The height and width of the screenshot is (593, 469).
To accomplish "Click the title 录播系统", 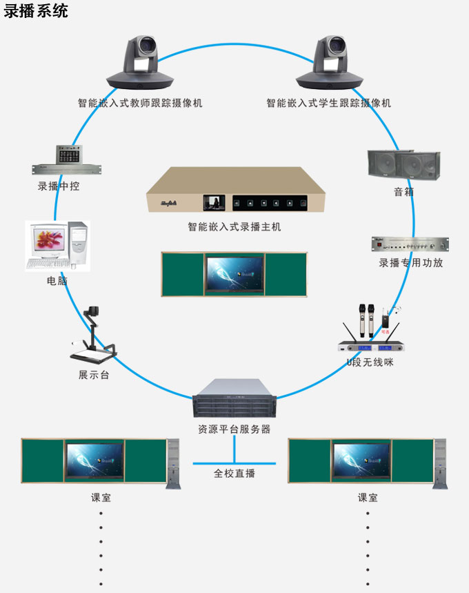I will point(36,11).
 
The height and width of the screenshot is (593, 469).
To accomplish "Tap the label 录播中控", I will point(59,186).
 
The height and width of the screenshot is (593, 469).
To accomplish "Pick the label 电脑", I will point(57,282).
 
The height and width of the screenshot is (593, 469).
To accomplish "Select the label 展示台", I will point(94,375).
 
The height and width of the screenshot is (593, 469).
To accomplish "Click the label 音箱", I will point(403,192).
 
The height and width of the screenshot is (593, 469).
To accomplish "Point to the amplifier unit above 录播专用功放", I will point(410,244).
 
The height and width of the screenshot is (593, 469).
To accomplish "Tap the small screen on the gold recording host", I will point(214,203).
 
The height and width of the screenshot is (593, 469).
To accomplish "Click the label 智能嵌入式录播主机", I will point(234,226).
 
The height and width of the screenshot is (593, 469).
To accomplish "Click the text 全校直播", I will point(234,474).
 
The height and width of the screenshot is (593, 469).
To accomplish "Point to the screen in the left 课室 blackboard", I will point(94,459).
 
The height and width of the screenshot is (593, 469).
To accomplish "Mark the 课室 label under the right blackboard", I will point(368,497).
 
